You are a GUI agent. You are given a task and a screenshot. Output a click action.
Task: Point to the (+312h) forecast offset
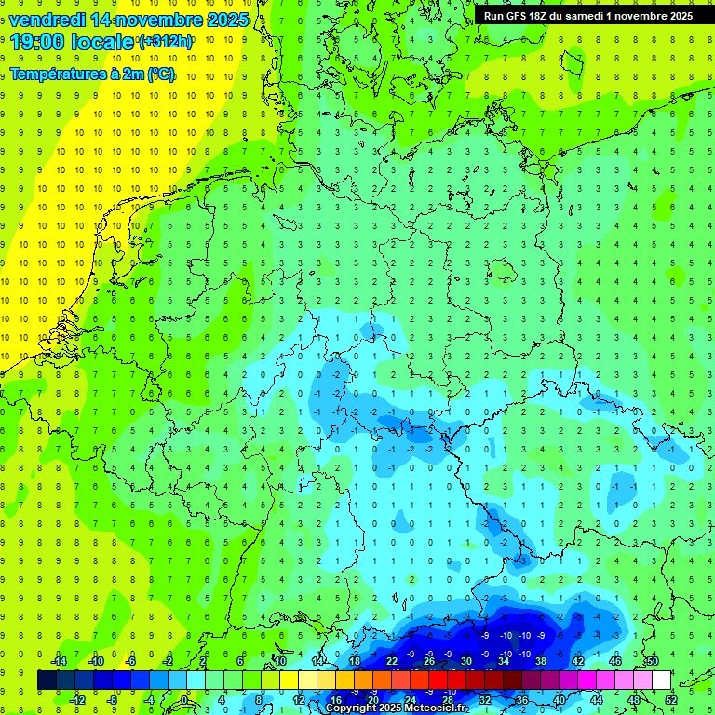[x=166, y=42]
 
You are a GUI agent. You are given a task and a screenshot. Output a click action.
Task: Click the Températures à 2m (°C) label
[x=92, y=74]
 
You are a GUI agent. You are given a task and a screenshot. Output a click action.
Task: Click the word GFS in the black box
[x=521, y=16]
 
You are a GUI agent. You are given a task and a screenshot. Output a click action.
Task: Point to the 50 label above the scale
[x=652, y=661]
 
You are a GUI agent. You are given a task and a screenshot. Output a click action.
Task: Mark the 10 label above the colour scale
[x=279, y=661]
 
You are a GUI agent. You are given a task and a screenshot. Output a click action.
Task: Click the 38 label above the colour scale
[x=540, y=661]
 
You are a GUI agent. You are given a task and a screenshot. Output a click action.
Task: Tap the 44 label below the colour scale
[x=596, y=699]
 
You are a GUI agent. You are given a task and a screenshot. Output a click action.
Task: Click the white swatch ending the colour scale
[x=661, y=680]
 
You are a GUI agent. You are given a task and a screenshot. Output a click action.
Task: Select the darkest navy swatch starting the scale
[x=47, y=680]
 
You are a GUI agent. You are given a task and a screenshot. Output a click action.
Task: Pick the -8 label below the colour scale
[x=113, y=699]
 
